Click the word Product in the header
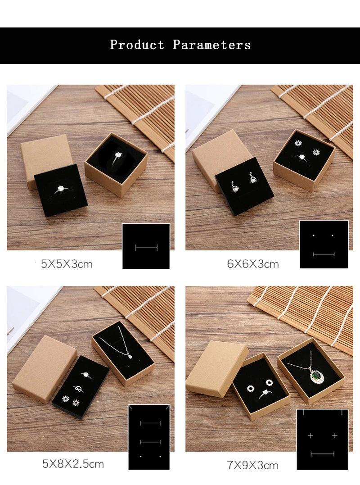click(x=137, y=45)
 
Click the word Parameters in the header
click(x=211, y=45)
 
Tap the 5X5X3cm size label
click(x=67, y=264)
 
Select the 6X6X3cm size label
click(x=253, y=264)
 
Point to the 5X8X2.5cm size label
click(x=73, y=464)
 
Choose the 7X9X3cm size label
click(x=252, y=465)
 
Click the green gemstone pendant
click(x=316, y=376)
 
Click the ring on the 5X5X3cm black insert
click(x=61, y=189)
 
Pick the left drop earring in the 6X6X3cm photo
click(x=234, y=186)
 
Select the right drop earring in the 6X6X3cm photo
click(x=253, y=178)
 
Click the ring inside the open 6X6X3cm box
click(x=301, y=158)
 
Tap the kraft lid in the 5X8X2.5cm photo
click(x=45, y=369)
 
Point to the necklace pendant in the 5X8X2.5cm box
click(x=130, y=357)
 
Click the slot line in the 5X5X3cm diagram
click(x=146, y=247)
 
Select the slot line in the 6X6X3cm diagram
click(x=324, y=254)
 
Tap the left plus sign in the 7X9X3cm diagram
click(x=310, y=435)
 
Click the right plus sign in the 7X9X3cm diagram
click(x=335, y=435)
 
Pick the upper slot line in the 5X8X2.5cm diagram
click(x=150, y=423)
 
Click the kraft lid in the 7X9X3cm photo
click(x=217, y=368)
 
